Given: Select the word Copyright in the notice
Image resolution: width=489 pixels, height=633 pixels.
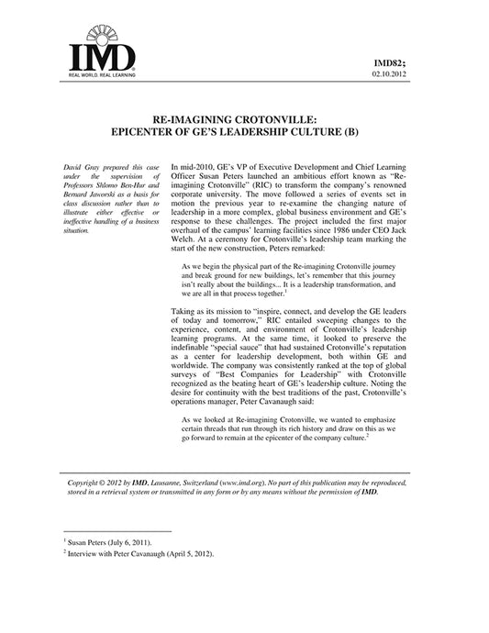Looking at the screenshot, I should pyautogui.click(x=88, y=481).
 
